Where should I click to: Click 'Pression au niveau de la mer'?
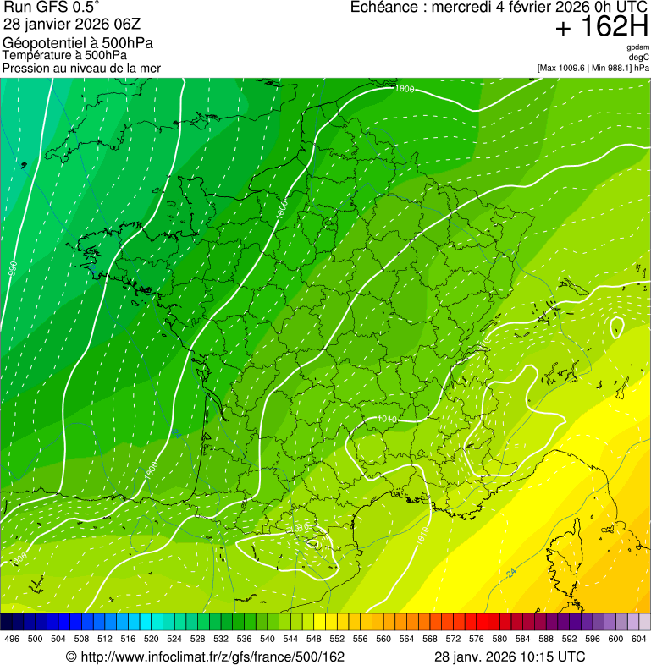tap(81, 68)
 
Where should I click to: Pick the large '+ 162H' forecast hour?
tap(602, 27)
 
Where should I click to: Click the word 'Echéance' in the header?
tap(386, 8)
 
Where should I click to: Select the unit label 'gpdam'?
tap(637, 47)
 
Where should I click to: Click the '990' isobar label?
tap(13, 272)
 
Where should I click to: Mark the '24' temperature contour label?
tap(511, 574)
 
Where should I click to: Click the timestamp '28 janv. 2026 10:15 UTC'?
tap(510, 657)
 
